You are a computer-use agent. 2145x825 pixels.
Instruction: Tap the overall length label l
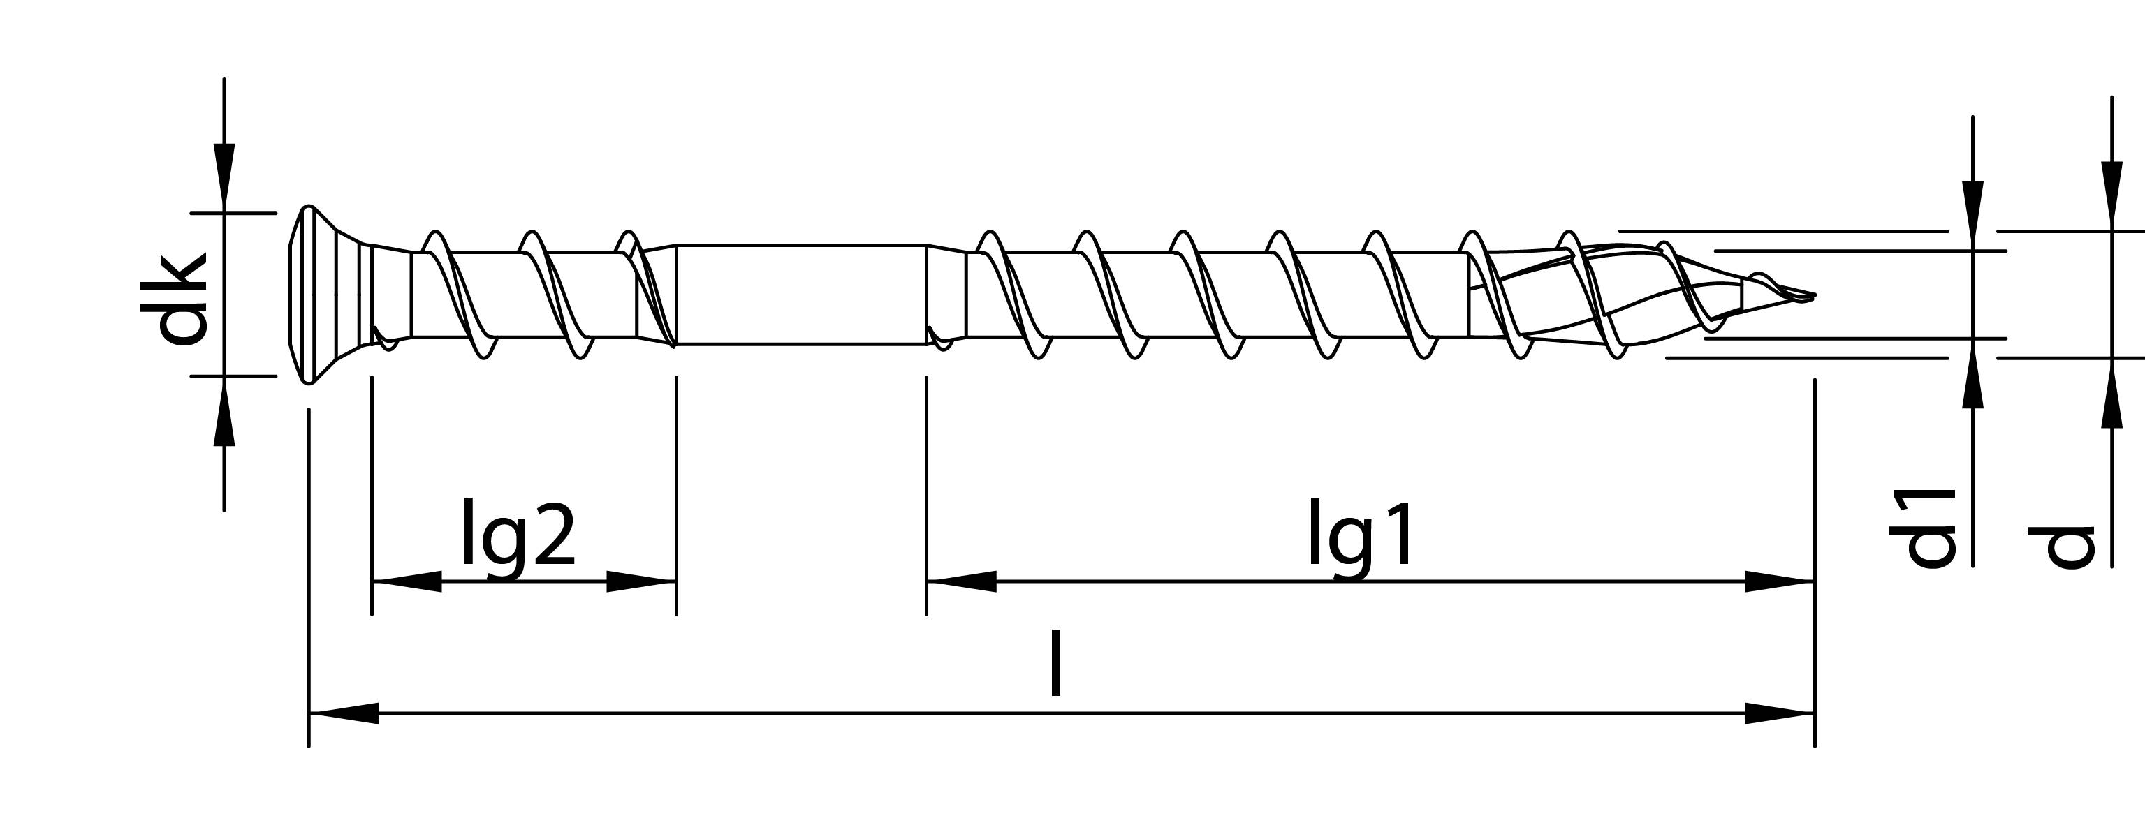pyautogui.click(x=1056, y=664)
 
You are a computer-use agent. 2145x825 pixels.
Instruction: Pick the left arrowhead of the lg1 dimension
pyautogui.click(x=961, y=581)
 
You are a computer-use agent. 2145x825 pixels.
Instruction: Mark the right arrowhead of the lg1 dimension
pyautogui.click(x=1780, y=581)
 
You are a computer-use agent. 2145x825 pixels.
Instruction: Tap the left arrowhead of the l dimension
pyautogui.click(x=343, y=713)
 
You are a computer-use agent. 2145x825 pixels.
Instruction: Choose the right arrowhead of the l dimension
pyautogui.click(x=1780, y=713)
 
